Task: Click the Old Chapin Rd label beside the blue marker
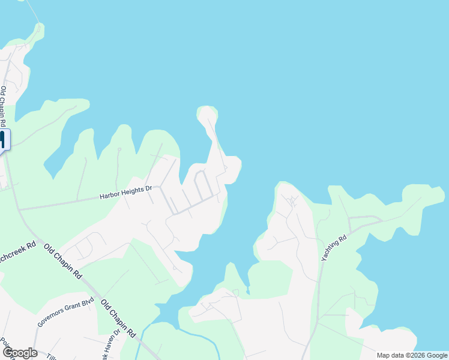(x=4, y=102)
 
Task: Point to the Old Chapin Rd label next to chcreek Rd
(x=63, y=262)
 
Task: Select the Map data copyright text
(x=411, y=355)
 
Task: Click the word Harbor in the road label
(x=110, y=196)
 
